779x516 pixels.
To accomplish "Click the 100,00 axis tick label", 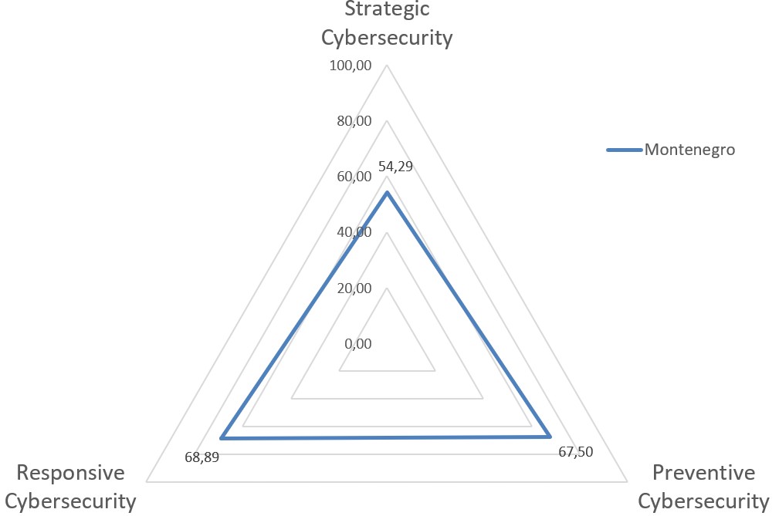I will pyautogui.click(x=351, y=66).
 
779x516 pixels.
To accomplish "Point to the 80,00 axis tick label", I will pyautogui.click(x=354, y=121).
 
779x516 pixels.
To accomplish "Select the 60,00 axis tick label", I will pyautogui.click(x=354, y=177).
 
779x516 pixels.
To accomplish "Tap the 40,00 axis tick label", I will pyautogui.click(x=354, y=232).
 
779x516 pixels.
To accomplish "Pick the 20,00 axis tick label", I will pyautogui.click(x=354, y=288).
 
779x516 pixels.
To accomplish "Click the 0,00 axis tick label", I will pyautogui.click(x=357, y=344).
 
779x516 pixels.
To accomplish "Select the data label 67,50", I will pyautogui.click(x=575, y=452).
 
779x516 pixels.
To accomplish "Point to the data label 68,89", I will pyautogui.click(x=202, y=457).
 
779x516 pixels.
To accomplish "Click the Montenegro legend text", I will pyautogui.click(x=689, y=150).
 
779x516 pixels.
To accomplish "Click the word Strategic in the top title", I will pyautogui.click(x=387, y=9).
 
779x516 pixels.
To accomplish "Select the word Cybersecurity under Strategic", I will pyautogui.click(x=387, y=37).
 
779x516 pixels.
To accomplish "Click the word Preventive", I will pyautogui.click(x=703, y=472).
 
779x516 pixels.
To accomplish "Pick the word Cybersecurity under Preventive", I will pyautogui.click(x=703, y=501).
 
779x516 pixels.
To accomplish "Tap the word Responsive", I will pyautogui.click(x=71, y=472).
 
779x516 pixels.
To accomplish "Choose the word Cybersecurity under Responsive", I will pyautogui.click(x=76, y=501).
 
